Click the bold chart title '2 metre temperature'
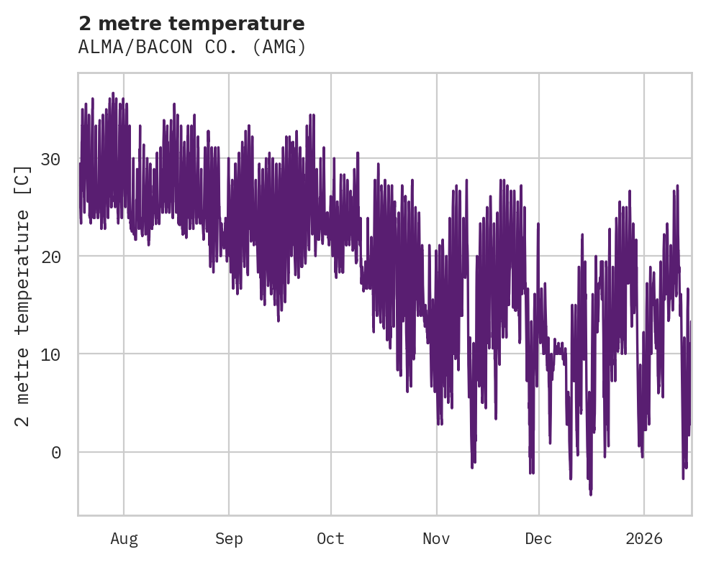[x=191, y=24]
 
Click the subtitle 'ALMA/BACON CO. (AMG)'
[x=192, y=47]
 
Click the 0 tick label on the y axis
[x=55, y=452]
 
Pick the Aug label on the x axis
[x=124, y=539]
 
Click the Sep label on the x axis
[x=229, y=539]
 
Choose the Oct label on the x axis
[x=331, y=539]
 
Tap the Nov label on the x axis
[x=436, y=539]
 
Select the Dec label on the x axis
[x=538, y=539]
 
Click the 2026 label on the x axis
[x=644, y=539]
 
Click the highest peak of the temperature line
[x=113, y=93]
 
